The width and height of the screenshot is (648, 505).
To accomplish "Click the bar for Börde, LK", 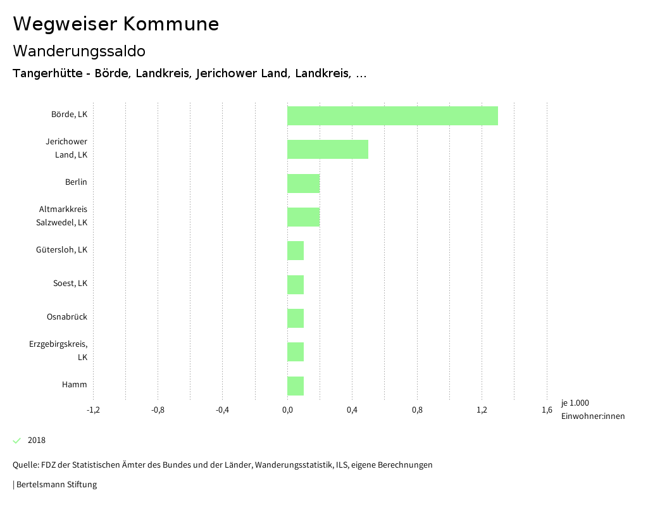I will (392, 116).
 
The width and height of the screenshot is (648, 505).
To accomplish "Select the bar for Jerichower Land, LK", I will (328, 149).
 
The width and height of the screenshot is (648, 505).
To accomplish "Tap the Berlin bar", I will (304, 184).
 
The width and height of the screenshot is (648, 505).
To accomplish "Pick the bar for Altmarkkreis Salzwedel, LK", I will (304, 217).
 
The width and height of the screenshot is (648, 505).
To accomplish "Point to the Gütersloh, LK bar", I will (296, 251).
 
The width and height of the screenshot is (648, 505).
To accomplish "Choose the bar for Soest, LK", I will (296, 285).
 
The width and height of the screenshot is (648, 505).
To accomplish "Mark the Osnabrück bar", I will (296, 318).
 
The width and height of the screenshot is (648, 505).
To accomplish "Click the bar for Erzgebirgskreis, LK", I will (296, 352).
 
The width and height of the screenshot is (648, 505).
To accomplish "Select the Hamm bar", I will (296, 386).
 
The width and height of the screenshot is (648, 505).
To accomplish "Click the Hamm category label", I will (74, 385).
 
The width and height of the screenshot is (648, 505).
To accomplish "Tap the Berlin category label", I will (76, 182).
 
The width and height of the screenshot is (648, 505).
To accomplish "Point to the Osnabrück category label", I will (67, 317).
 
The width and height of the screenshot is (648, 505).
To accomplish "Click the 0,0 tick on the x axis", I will (287, 410).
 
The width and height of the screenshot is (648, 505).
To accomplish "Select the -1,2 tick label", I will (93, 410).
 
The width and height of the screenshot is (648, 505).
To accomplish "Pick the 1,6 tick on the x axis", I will (547, 410).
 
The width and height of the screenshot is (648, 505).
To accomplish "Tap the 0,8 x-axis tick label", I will (417, 410).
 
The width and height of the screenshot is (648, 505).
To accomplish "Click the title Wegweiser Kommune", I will (116, 24).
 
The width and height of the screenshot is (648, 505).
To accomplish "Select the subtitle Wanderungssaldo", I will (79, 51).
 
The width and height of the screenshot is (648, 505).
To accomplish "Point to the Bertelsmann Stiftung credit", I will (55, 485).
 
